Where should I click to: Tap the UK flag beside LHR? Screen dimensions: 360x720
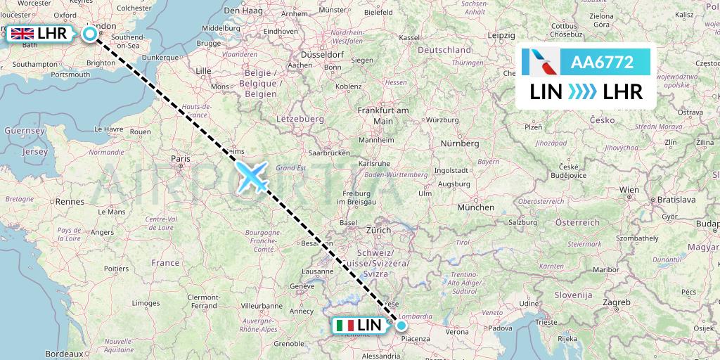coord(22,33)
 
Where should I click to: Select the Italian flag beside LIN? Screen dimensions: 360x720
coord(345,326)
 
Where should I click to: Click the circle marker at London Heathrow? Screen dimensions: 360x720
coord(90,33)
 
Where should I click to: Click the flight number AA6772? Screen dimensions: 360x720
coord(603,63)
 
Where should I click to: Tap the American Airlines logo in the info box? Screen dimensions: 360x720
coord(541,63)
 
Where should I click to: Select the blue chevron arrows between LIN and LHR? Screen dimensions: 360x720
coord(581,92)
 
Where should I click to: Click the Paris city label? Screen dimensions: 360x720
coord(180,159)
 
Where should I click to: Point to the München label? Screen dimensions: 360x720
coord(475,207)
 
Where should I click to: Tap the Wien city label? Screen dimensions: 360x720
coord(629,190)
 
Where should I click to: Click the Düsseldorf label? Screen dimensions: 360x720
coord(321,54)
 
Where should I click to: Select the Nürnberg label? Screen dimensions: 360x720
coord(461,143)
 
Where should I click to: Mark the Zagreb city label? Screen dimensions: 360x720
coord(616,302)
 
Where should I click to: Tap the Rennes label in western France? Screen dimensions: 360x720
coord(70,201)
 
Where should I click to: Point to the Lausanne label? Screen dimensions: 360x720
coord(316,270)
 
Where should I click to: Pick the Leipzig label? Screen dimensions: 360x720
coord(501,35)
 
